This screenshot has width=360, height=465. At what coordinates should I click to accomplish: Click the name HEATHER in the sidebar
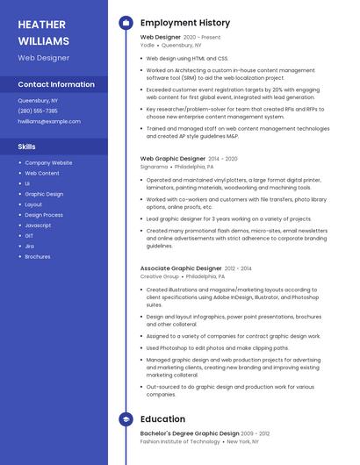tap(40, 25)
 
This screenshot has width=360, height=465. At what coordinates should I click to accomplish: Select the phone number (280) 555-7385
tap(38, 111)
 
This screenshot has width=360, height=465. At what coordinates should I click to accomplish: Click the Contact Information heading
tap(56, 84)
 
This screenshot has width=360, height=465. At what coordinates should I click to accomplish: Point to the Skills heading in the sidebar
tap(26, 147)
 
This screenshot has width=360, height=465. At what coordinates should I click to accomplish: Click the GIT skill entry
tap(29, 236)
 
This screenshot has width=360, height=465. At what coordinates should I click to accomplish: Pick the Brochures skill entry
tap(38, 257)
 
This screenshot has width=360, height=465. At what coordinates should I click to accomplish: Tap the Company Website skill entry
tap(48, 162)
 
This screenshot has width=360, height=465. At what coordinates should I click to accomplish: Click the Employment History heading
tap(185, 23)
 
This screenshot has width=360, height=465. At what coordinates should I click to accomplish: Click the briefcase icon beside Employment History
tap(126, 23)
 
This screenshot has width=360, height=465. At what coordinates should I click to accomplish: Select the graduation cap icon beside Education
tap(126, 419)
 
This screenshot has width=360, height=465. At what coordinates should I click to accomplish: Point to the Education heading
tap(162, 419)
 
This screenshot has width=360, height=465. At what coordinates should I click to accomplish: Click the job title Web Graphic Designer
tap(173, 159)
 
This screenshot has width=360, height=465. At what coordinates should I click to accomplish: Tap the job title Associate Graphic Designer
tap(181, 268)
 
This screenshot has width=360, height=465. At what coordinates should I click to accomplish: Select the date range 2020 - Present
tap(202, 38)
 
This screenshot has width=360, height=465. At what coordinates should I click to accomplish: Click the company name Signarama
tap(154, 166)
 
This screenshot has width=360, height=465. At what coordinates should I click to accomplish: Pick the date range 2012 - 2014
tap(238, 268)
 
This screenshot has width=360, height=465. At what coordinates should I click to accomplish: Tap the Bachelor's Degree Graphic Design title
tap(190, 433)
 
